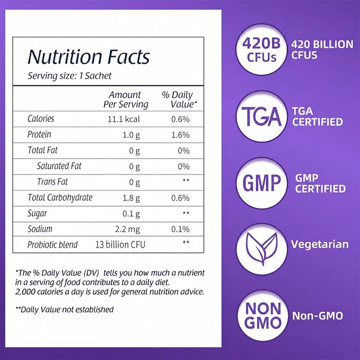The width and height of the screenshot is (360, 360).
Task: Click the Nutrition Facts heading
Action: (89, 57)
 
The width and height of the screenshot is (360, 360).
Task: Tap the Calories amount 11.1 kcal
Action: (124, 119)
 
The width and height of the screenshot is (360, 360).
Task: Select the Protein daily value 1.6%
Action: (180, 135)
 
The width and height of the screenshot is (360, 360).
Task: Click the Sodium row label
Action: (40, 229)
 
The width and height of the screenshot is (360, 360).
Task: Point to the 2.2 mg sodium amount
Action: (127, 230)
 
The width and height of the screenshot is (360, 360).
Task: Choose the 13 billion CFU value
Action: (120, 245)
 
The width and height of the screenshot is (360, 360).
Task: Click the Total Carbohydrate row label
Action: (60, 198)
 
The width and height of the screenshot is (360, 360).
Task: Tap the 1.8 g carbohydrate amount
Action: (131, 198)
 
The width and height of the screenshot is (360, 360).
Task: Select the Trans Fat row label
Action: (52, 182)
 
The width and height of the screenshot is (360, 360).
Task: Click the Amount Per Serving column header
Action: (126, 100)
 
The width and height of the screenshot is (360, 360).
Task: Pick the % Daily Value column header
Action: (179, 100)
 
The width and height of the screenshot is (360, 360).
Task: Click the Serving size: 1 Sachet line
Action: (69, 76)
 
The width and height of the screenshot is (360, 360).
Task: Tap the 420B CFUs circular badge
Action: (261, 50)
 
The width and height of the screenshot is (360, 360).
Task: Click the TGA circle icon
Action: (261, 116)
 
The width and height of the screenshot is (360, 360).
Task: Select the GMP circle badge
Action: (261, 183)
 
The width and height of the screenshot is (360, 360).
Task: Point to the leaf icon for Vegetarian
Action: (261, 249)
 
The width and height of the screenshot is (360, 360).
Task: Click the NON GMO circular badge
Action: (262, 316)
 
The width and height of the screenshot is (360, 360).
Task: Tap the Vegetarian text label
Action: (320, 245)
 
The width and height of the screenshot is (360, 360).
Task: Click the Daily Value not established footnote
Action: (65, 310)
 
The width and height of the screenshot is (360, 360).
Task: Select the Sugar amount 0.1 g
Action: (131, 214)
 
